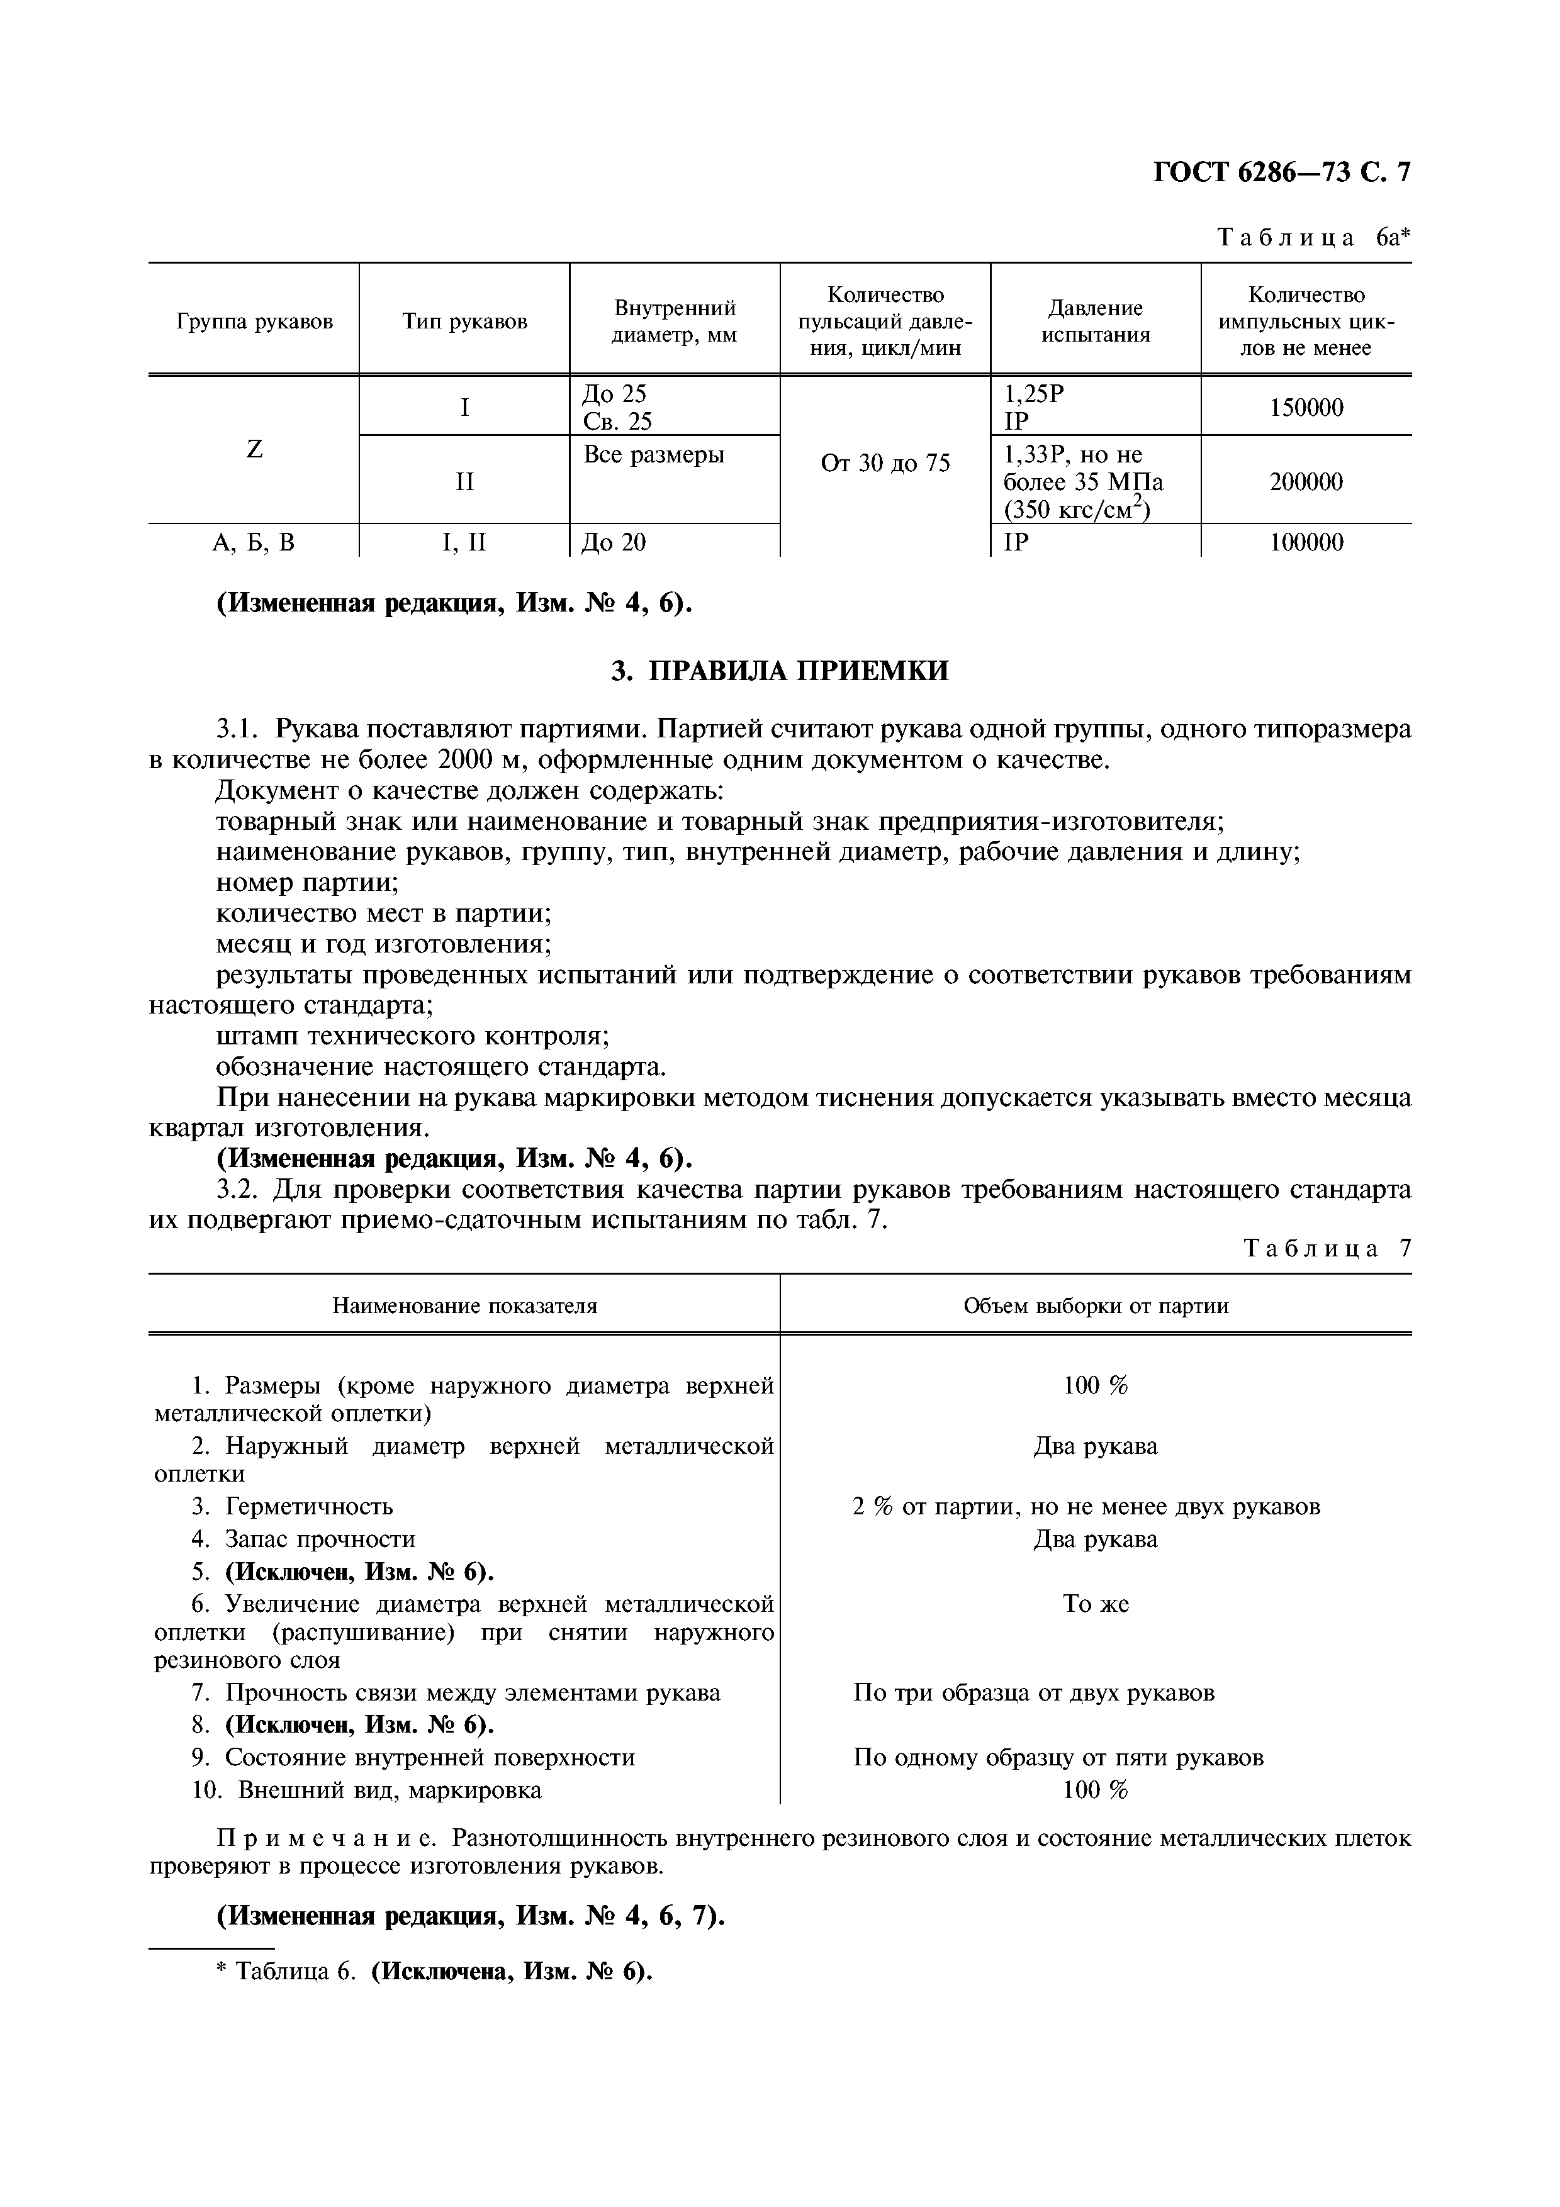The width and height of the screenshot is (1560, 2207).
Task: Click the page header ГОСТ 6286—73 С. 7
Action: tap(1281, 172)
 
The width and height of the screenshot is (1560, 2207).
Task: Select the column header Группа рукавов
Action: tap(255, 321)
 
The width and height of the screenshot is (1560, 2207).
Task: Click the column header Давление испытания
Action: tap(1096, 321)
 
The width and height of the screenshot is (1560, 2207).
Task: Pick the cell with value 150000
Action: tap(1306, 408)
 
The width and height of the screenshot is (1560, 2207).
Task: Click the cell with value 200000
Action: tap(1306, 481)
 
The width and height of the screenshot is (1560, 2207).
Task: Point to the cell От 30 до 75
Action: tap(885, 463)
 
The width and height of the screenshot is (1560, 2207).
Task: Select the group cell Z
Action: tap(255, 449)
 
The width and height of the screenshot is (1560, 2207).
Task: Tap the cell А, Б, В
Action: tap(255, 543)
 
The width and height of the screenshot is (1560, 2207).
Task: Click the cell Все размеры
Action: tap(654, 455)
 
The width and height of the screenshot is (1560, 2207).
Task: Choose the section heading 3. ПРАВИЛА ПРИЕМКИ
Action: tap(780, 671)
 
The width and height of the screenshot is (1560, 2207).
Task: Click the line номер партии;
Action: tap(308, 883)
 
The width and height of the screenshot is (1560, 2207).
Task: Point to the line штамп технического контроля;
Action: tap(413, 1036)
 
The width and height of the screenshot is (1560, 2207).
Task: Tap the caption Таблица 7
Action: tap(1327, 1249)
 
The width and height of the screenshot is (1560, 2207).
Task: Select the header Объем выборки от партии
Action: tap(1096, 1305)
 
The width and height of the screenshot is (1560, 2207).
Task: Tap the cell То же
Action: tap(1096, 1603)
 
